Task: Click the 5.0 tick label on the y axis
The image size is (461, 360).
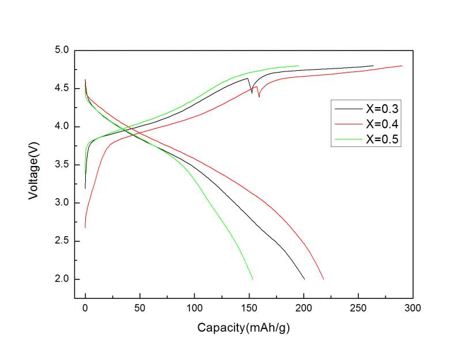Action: tap(61, 51)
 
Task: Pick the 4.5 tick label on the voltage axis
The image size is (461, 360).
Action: tap(61, 89)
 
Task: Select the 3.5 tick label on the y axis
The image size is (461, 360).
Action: tap(61, 165)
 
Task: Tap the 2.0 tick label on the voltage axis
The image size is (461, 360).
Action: tap(61, 279)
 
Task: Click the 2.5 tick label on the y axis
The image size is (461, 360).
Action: tap(61, 241)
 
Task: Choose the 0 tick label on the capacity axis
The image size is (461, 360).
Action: tap(85, 308)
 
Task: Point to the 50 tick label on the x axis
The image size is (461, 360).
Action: tap(140, 308)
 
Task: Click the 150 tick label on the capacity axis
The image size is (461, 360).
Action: tap(250, 308)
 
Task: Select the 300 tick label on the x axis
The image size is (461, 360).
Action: tap(413, 308)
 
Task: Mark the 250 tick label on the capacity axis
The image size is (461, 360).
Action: tap(358, 308)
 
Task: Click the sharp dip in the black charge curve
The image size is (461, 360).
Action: tap(252, 92)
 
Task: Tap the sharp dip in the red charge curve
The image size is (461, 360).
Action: tap(259, 97)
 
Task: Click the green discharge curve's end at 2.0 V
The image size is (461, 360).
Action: tap(252, 279)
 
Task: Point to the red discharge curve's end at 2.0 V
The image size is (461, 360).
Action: tap(323, 279)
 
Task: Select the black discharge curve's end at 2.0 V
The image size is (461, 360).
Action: tap(304, 279)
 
